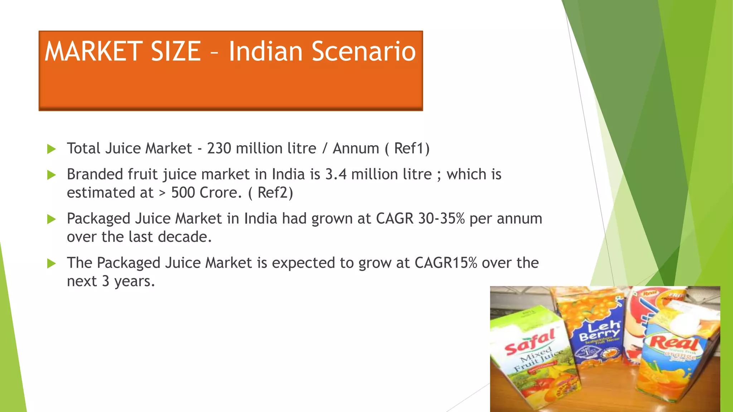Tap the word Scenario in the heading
tap(364, 51)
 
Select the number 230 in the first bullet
tap(219, 148)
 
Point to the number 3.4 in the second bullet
tap(336, 175)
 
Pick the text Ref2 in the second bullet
tap(273, 193)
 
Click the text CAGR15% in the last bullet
tap(446, 263)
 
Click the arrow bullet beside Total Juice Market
tap(52, 149)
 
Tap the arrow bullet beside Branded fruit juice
tap(52, 175)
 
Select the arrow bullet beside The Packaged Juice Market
tap(52, 264)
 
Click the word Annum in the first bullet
tap(356, 148)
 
